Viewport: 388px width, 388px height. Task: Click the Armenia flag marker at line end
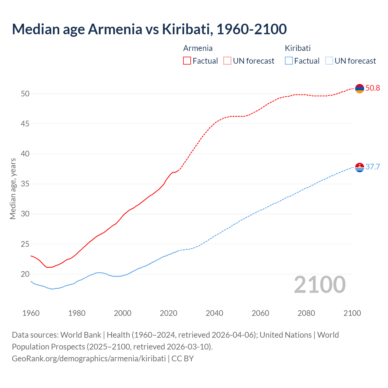coord(360,89)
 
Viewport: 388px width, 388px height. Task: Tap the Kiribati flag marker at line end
coord(360,167)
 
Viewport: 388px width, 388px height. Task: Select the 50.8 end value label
coord(373,88)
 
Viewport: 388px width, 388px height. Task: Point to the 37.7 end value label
coord(373,167)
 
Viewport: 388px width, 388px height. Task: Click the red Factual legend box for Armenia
coord(187,61)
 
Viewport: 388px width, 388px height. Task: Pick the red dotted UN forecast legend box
coord(227,61)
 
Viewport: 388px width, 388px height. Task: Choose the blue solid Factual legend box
coord(289,61)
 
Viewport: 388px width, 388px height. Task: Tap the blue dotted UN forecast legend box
coord(329,61)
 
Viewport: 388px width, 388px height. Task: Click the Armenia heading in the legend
coord(198,48)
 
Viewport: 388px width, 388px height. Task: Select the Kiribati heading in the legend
coord(298,48)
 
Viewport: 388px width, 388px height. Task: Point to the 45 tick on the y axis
coord(25,124)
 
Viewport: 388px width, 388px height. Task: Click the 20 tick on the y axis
coord(25,274)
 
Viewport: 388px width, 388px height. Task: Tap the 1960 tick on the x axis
coord(31,313)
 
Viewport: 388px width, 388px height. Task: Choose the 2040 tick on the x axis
coord(215,313)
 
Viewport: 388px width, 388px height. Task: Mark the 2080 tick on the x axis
coord(306,313)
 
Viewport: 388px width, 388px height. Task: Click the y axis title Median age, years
coord(13,189)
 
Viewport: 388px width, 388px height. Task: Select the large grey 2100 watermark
coord(320,285)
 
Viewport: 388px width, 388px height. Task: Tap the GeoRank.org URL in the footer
coord(89,359)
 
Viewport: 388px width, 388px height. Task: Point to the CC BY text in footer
coord(182,359)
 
